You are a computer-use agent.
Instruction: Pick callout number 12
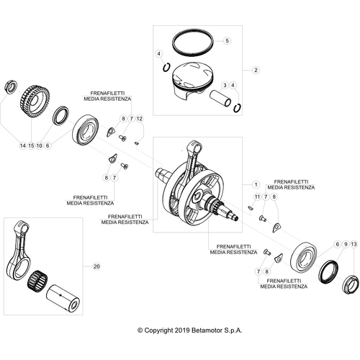(140, 117)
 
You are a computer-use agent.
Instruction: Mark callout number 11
(255, 197)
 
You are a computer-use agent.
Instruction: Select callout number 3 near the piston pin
(225, 85)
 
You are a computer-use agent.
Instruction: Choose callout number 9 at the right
(346, 246)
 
